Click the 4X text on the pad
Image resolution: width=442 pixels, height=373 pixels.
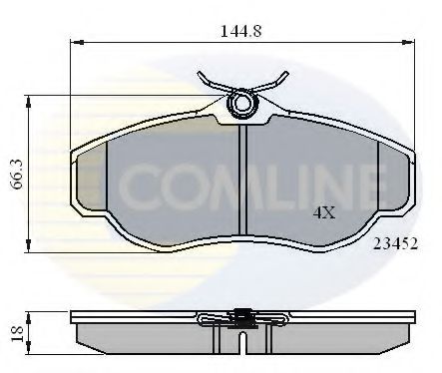coord(323,212)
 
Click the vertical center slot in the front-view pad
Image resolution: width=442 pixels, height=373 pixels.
coord(240,180)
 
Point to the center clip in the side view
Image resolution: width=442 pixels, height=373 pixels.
coord(240,319)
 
